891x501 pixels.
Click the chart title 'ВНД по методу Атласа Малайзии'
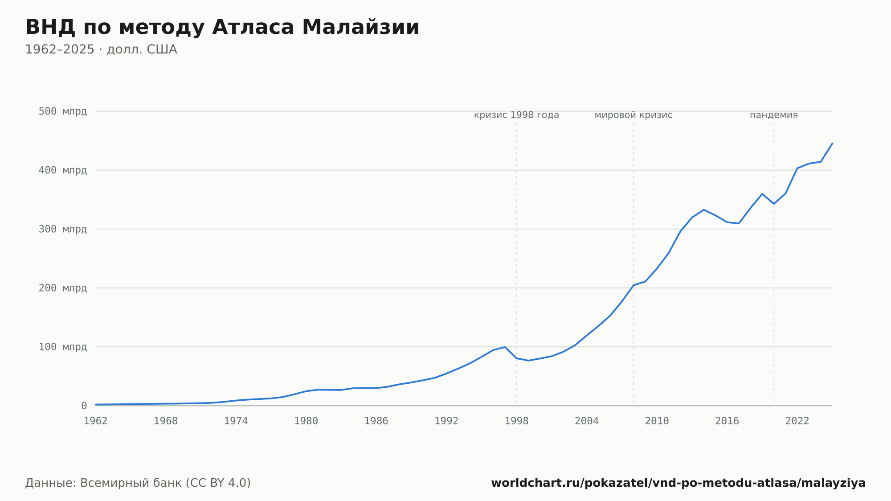tap(222, 28)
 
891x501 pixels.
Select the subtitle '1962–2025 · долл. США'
tap(101, 49)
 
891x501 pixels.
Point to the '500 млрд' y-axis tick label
tap(63, 111)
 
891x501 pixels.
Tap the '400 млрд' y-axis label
tap(63, 170)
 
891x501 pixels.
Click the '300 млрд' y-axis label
tap(63, 229)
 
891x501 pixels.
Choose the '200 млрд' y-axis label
tap(63, 288)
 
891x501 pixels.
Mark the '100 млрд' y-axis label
tap(63, 347)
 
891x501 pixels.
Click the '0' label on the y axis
tap(84, 406)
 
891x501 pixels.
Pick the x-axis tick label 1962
tap(96, 421)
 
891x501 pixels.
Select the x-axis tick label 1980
tap(306, 421)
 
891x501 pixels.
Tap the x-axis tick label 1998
tap(517, 421)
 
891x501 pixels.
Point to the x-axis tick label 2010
tap(657, 421)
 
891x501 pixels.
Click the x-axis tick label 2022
tap(797, 421)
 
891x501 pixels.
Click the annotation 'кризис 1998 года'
tap(516, 115)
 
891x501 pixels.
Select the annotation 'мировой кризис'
tap(634, 115)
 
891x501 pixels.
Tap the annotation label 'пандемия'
tap(774, 115)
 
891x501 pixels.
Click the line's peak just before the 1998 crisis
tap(505, 347)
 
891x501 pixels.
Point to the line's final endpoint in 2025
tap(832, 144)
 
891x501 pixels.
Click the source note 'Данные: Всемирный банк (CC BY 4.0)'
tap(138, 483)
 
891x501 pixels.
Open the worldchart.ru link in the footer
tap(678, 483)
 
